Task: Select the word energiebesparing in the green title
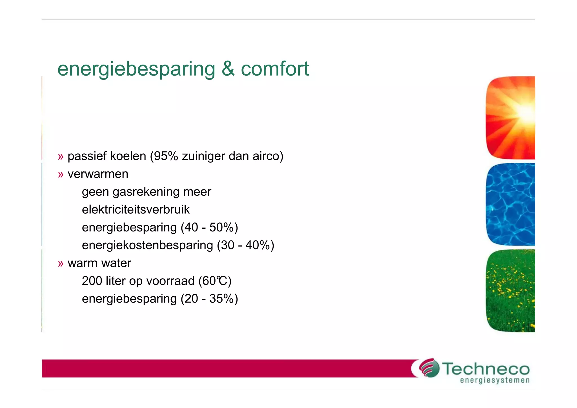pos(136,69)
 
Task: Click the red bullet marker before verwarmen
pos(61,175)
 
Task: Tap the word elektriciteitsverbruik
pos(136,210)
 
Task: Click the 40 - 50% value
pos(209,228)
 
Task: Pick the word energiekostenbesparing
pos(147,245)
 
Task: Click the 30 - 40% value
pos(245,245)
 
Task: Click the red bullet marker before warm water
pos(61,264)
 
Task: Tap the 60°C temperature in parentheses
pos(215,281)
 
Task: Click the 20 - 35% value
pos(209,299)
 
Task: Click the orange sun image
pos(511,118)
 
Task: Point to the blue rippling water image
pos(511,204)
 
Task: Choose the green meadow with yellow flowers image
pos(511,290)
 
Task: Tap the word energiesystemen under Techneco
pos(495,381)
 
